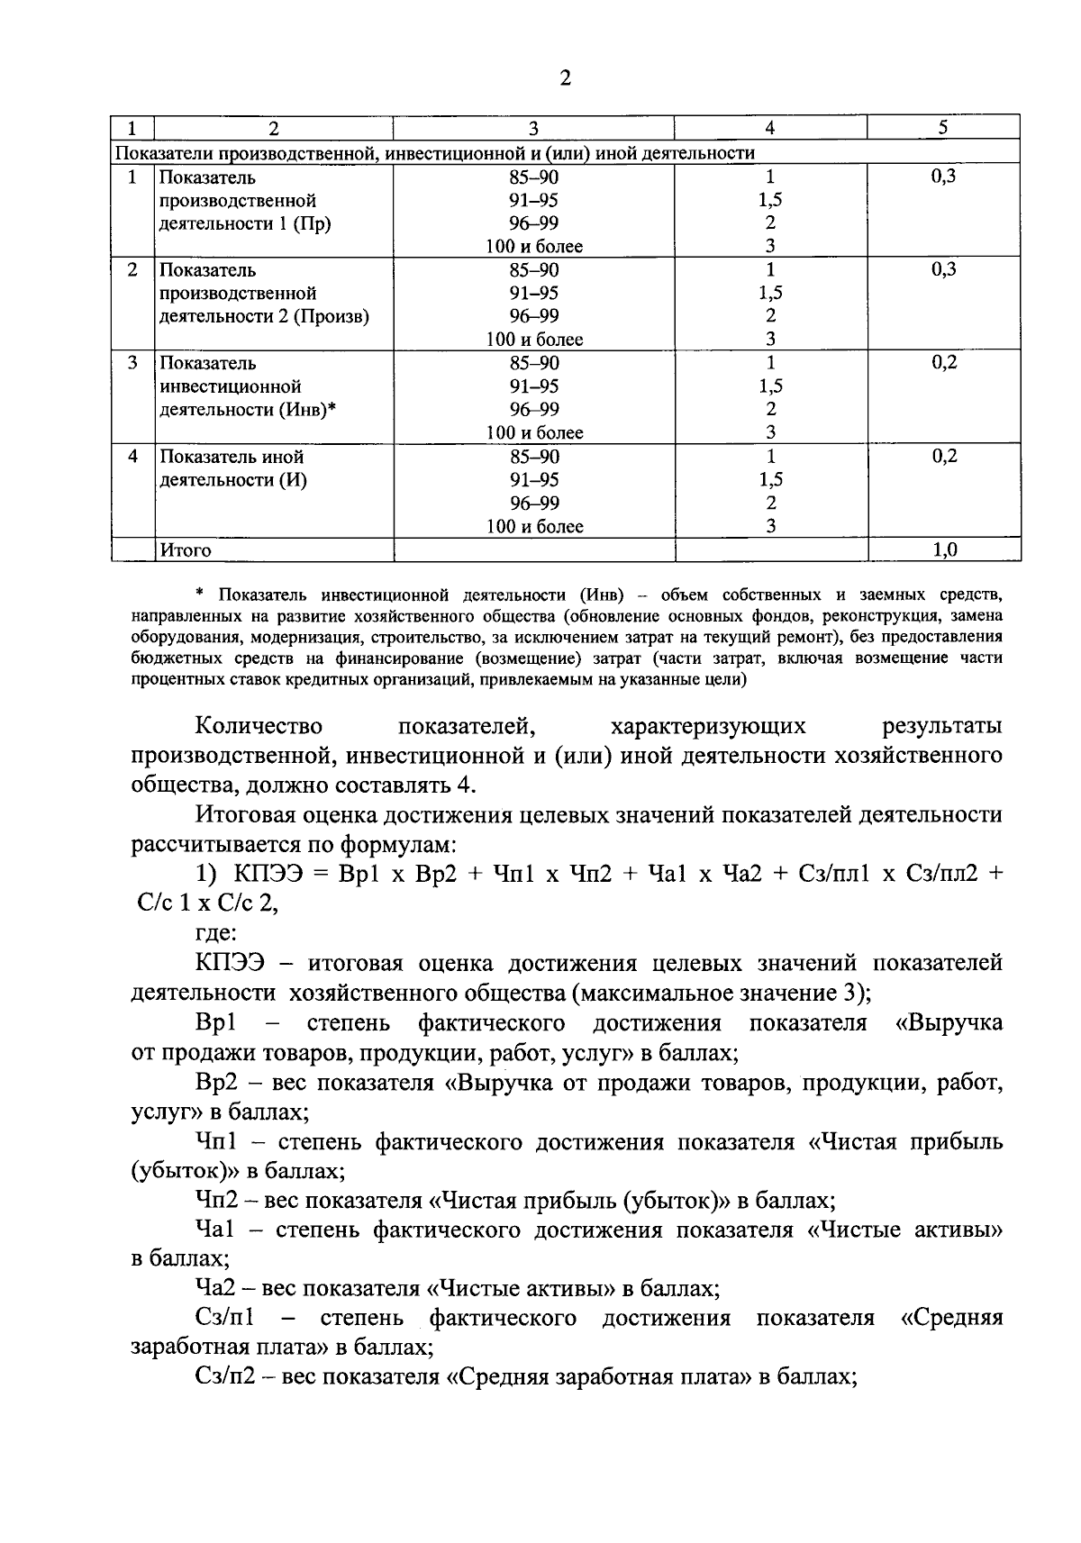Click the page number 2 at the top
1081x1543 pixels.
coord(565,78)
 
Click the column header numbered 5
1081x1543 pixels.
coord(943,128)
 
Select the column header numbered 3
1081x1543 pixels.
coord(533,129)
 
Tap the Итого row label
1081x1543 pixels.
coord(186,550)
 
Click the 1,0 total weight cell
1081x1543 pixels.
coord(944,550)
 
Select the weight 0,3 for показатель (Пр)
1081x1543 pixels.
coord(943,177)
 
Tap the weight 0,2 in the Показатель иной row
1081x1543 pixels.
coord(944,457)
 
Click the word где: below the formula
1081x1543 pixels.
coord(214,932)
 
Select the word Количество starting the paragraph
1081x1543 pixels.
coord(259,726)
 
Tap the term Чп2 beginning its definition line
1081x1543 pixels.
coord(217,1201)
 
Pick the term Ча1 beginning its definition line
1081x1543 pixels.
coord(215,1230)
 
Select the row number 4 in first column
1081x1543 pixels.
coord(132,457)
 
